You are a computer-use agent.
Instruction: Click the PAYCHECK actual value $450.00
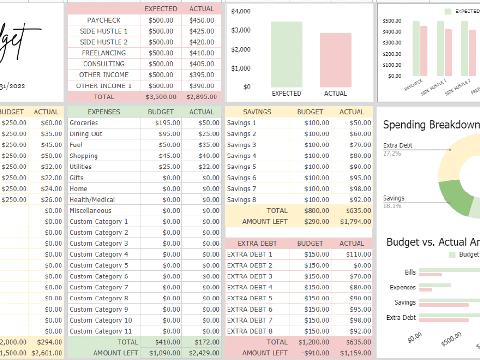[202, 20]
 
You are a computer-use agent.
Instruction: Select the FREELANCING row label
[104, 53]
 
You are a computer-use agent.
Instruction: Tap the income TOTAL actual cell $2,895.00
[202, 97]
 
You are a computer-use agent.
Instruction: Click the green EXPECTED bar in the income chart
[287, 54]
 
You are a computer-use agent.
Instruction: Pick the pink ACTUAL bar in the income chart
[336, 60]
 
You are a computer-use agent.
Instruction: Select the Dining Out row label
[86, 134]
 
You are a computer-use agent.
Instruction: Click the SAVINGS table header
[257, 112]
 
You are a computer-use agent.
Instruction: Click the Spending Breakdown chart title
[431, 125]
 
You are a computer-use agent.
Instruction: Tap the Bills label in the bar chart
[410, 272]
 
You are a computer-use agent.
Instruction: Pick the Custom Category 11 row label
[100, 331]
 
